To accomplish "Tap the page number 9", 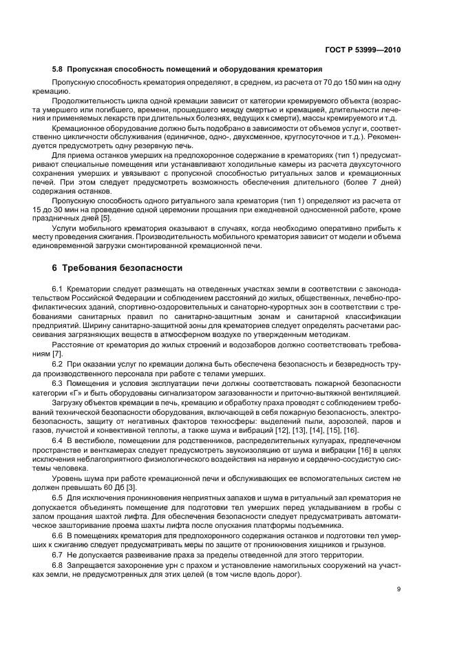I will (407, 588).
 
